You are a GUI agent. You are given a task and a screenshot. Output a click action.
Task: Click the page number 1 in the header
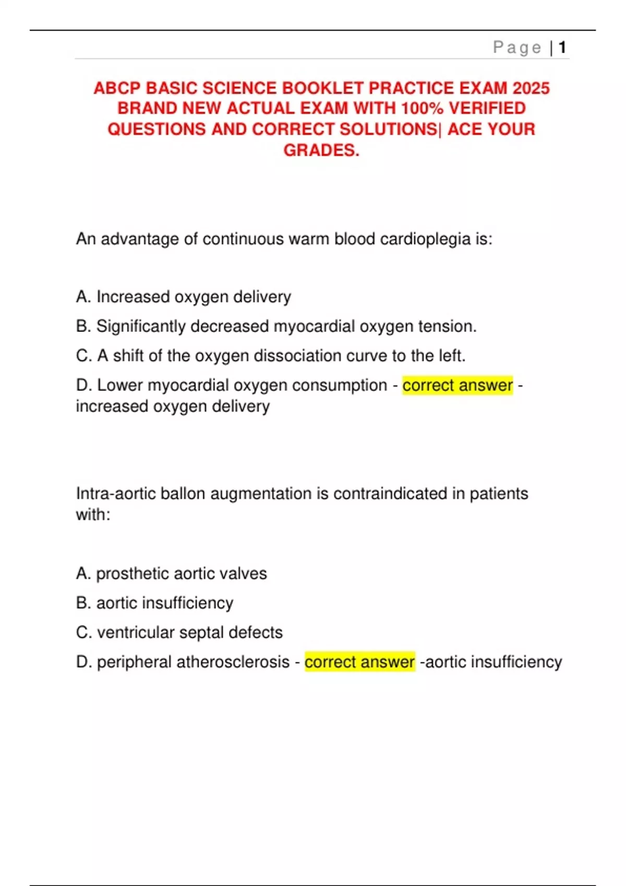tap(562, 48)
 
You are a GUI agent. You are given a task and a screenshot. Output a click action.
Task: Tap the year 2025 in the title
tap(531, 88)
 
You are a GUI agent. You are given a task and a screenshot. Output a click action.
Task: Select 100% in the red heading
tap(422, 108)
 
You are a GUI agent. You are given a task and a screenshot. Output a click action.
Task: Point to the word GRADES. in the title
tap(321, 150)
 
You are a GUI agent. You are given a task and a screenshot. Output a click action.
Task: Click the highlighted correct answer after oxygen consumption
tap(458, 385)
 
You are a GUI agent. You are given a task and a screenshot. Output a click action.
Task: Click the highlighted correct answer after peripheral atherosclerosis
tap(359, 662)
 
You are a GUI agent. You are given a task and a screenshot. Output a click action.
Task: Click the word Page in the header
tap(517, 48)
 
